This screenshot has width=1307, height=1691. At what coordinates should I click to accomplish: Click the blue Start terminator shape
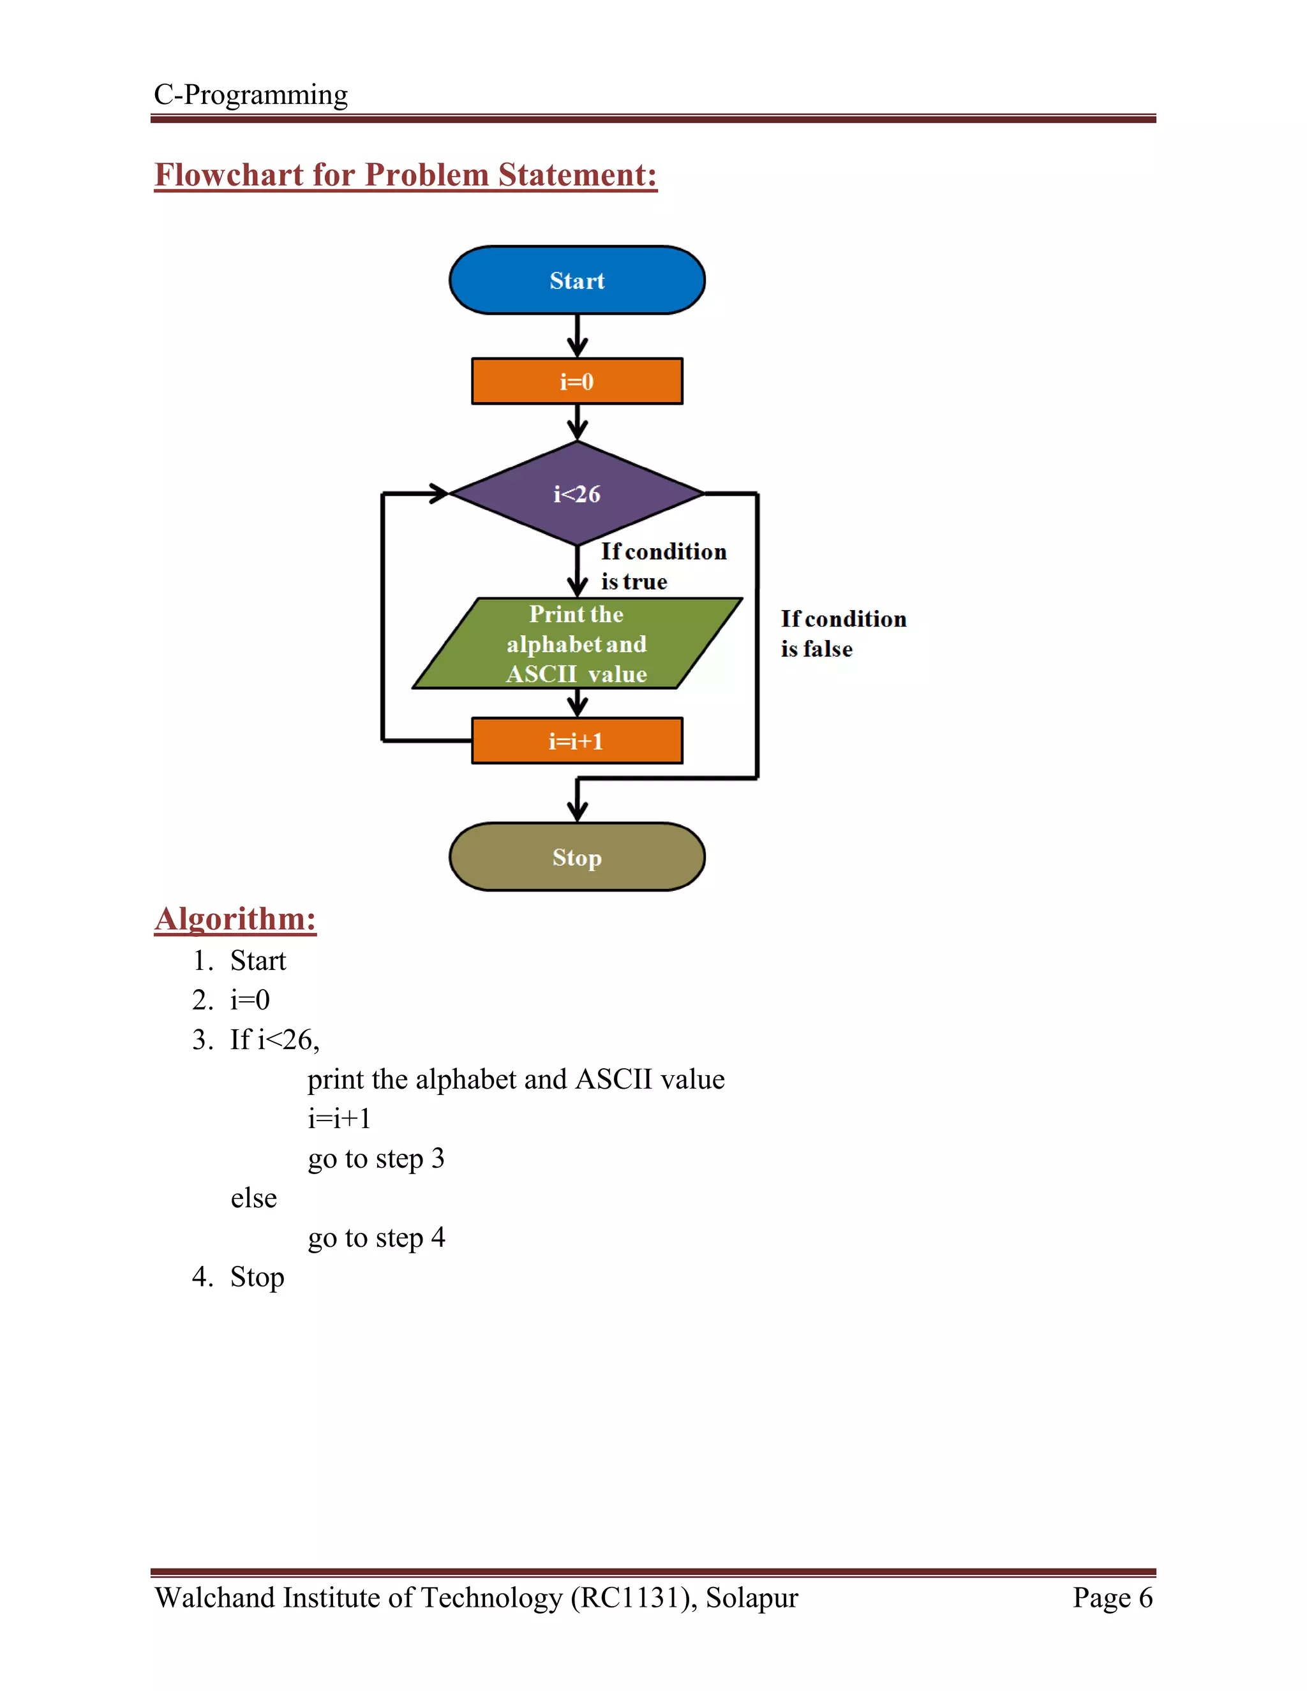point(577,280)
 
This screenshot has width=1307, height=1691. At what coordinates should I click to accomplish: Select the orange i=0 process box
point(577,381)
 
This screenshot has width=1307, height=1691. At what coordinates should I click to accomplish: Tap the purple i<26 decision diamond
point(577,493)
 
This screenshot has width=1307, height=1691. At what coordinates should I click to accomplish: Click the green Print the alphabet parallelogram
point(577,643)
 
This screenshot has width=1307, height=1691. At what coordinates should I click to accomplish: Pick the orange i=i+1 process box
point(577,741)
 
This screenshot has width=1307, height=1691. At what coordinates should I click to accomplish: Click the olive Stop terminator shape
point(577,857)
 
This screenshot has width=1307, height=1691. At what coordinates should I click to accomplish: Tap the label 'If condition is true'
point(663,566)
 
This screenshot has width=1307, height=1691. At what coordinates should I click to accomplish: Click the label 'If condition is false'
point(842,634)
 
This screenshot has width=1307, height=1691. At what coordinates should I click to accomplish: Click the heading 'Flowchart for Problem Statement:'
point(405,175)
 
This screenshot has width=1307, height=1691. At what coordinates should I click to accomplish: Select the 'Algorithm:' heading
point(235,919)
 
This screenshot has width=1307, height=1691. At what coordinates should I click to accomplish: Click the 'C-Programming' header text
point(251,94)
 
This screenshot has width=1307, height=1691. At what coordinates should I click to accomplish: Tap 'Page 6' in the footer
point(1112,1597)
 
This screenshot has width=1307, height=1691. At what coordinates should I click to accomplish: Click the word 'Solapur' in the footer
point(751,1597)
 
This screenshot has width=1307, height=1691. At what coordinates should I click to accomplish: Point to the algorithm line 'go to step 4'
point(377,1237)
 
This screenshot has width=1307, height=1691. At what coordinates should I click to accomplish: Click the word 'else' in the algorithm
point(253,1198)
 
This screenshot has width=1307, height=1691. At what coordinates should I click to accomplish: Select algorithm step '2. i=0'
point(232,999)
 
